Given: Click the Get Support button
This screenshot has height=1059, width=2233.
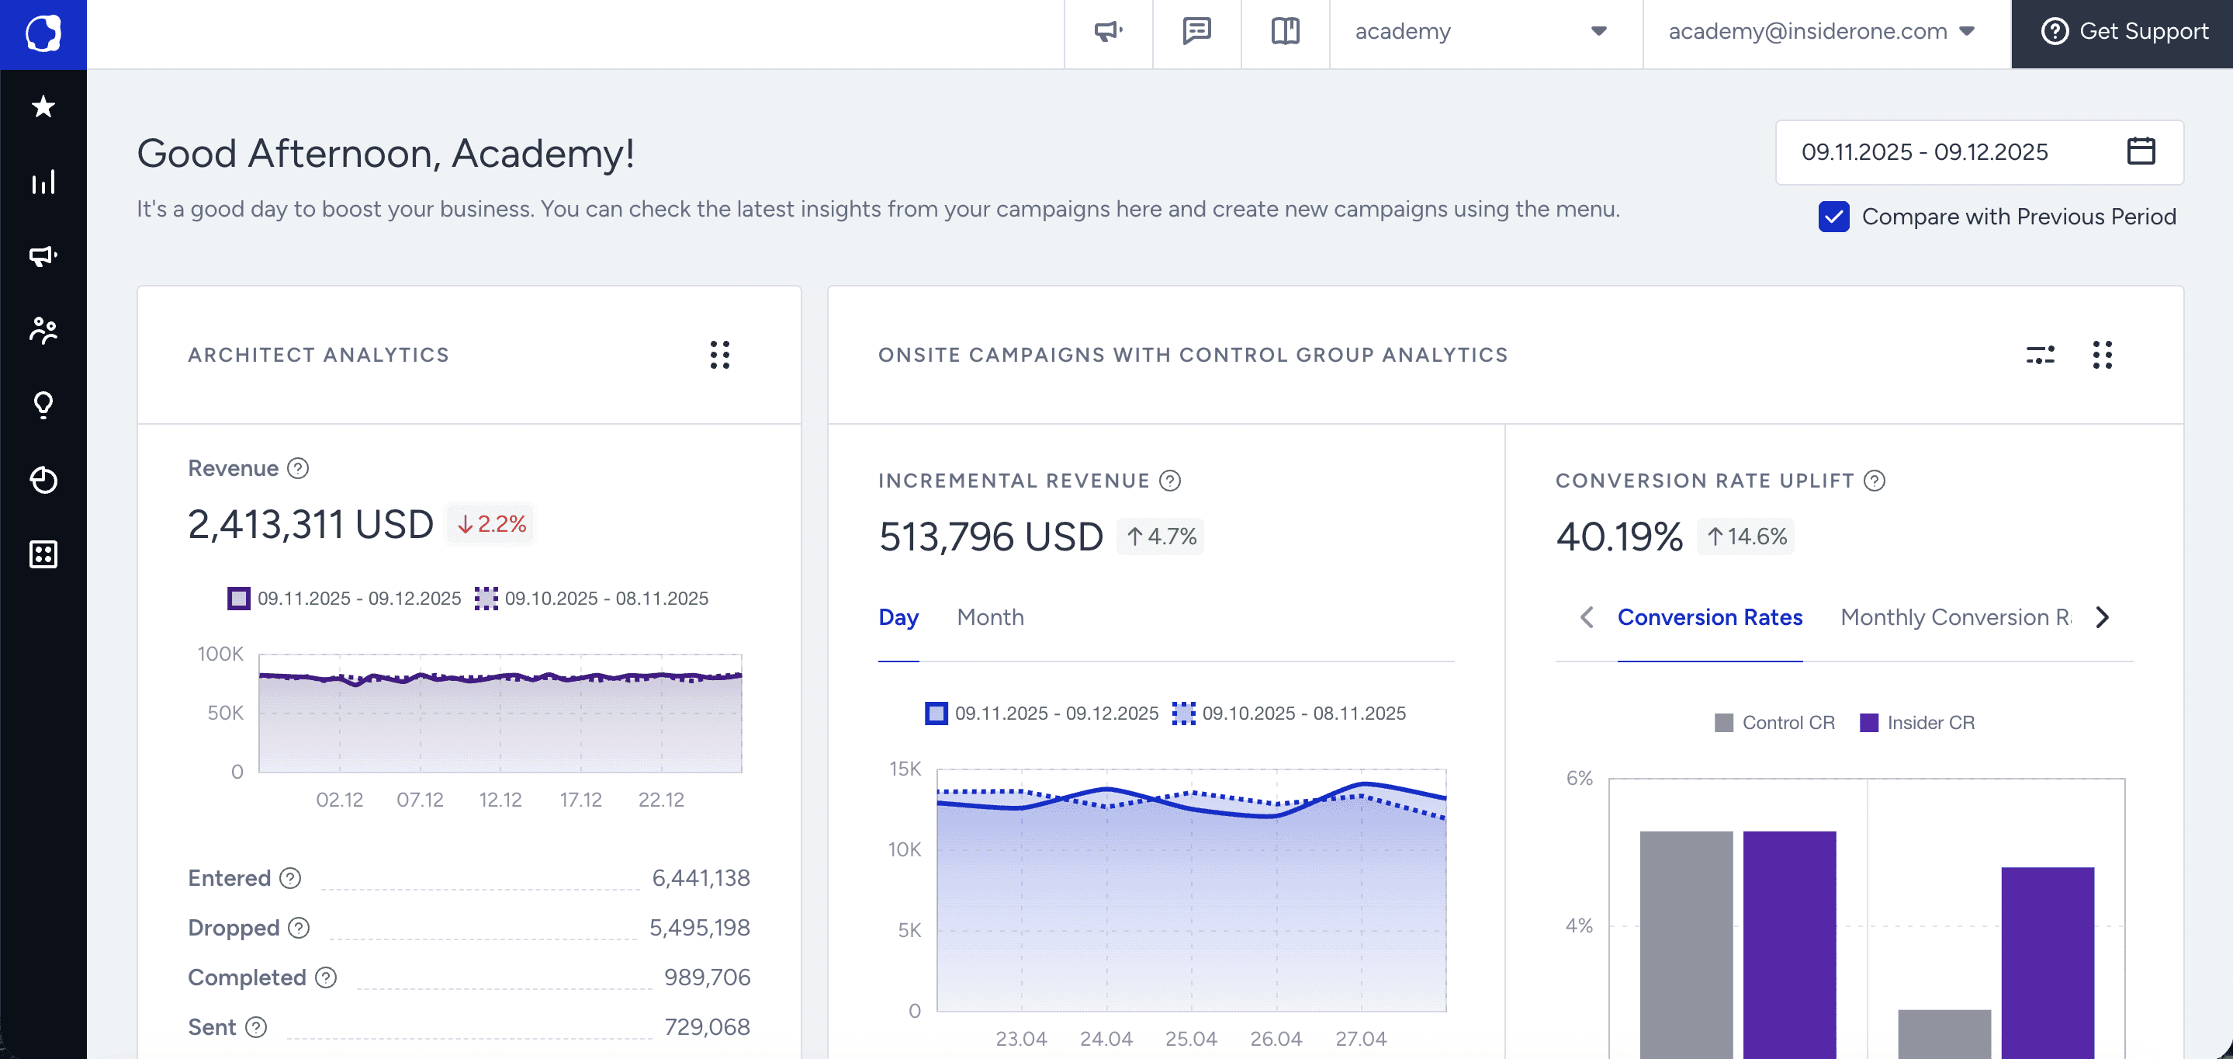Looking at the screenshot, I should [x=2123, y=32].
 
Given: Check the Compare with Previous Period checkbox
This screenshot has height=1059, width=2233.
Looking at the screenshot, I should [x=1833, y=217].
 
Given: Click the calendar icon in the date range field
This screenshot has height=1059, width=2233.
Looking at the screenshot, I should [x=2140, y=151].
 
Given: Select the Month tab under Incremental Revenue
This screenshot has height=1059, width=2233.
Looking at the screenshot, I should [x=990, y=617].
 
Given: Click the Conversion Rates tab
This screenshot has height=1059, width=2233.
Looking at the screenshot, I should [x=1709, y=617].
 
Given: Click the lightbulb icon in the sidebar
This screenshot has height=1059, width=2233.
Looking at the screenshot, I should [x=43, y=405].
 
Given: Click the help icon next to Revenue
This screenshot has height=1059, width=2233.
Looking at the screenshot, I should [x=298, y=468].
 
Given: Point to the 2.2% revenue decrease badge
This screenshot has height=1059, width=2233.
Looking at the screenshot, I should [x=491, y=525].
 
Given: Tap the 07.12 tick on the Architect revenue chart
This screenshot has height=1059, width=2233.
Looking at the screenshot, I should [x=420, y=800].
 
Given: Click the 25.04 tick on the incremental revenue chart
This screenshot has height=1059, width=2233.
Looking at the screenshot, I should [x=1190, y=1039].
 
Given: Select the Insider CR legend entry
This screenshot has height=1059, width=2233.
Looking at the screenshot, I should [x=1916, y=724].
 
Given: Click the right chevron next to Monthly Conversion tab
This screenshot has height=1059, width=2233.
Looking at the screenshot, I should [x=2102, y=617].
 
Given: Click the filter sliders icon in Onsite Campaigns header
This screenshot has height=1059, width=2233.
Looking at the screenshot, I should [x=2040, y=355].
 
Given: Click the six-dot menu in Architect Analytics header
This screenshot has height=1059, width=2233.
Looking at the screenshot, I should [x=719, y=355].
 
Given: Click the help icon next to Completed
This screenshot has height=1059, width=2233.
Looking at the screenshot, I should [x=326, y=978].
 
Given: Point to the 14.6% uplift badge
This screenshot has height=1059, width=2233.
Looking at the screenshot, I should [x=1746, y=536].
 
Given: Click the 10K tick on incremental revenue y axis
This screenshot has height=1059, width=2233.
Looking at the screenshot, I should [x=904, y=850].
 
